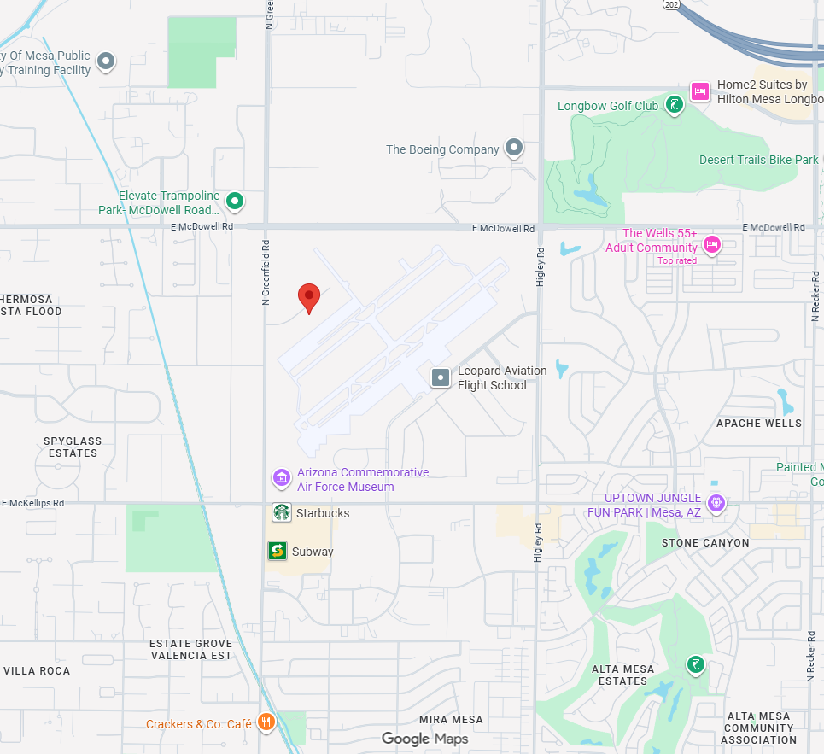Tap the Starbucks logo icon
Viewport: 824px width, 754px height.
tap(282, 512)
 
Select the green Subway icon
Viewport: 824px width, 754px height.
tap(277, 551)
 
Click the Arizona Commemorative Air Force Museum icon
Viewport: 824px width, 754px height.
tap(282, 479)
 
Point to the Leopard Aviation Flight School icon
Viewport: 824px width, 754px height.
tap(441, 377)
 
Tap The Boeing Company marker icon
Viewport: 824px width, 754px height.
tap(514, 149)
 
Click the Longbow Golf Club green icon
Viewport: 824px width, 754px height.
tap(675, 106)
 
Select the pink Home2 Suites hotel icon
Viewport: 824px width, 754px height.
tap(700, 91)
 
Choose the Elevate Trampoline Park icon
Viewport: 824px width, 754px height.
tap(235, 202)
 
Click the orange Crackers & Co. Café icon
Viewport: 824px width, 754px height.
tap(266, 723)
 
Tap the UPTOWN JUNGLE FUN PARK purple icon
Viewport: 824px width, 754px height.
tap(716, 503)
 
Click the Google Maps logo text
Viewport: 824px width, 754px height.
tap(424, 739)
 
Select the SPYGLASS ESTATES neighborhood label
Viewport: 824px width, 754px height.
tap(73, 447)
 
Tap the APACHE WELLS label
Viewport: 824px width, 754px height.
tap(759, 424)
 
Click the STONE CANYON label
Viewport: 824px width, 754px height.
tap(705, 543)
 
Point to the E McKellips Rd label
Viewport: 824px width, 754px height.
tap(34, 503)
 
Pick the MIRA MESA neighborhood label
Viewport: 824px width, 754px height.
tap(451, 720)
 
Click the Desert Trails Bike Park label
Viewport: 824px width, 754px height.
tap(758, 160)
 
